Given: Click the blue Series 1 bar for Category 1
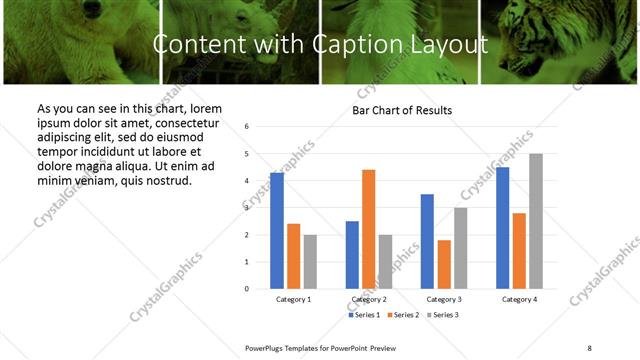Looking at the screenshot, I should (277, 231).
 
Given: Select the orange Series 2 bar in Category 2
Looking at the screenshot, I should (368, 229).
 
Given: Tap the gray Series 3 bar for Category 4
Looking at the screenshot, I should (536, 221).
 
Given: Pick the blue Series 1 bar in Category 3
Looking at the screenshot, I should (427, 241).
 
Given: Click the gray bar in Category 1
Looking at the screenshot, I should (310, 262).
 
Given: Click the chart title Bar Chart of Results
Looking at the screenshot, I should (402, 110).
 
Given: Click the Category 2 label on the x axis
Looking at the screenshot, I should (369, 300).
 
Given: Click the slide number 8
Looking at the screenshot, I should (589, 347).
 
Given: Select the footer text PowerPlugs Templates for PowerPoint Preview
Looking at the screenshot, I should (321, 347).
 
